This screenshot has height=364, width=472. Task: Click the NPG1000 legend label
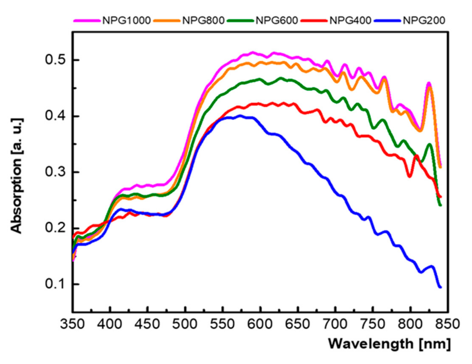[126, 20]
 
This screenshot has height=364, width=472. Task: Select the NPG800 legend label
[203, 20]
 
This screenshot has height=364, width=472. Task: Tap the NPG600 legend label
[276, 20]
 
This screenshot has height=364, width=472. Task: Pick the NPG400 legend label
[350, 20]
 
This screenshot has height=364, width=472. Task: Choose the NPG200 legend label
[424, 20]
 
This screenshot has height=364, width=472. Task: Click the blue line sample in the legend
[387, 20]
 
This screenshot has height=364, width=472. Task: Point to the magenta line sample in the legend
[87, 20]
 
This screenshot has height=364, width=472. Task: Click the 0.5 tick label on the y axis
[55, 60]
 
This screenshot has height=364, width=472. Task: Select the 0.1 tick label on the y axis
[55, 284]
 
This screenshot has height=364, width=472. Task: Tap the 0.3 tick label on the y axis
[55, 172]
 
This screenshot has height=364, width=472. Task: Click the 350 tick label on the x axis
[72, 324]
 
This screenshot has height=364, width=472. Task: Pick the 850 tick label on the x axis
[448, 324]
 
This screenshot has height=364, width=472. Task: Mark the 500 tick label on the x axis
[185, 324]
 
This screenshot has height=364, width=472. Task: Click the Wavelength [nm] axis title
[389, 344]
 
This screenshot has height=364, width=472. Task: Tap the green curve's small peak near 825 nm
[430, 144]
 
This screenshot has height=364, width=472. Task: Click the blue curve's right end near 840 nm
[440, 287]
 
